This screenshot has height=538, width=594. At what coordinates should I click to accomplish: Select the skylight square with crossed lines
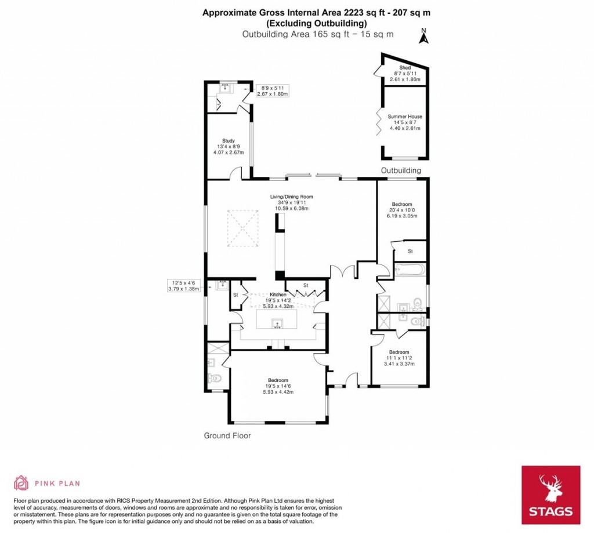pos(242,229)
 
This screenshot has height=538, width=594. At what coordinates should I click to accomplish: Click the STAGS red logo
pos(550,495)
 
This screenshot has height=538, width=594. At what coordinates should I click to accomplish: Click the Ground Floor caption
pos(227,435)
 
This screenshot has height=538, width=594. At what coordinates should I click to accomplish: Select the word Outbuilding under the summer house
pos(401,170)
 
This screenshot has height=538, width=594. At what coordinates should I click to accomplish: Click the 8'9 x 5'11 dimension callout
pos(272,90)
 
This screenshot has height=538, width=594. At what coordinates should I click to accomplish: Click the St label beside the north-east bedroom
pos(410,251)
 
